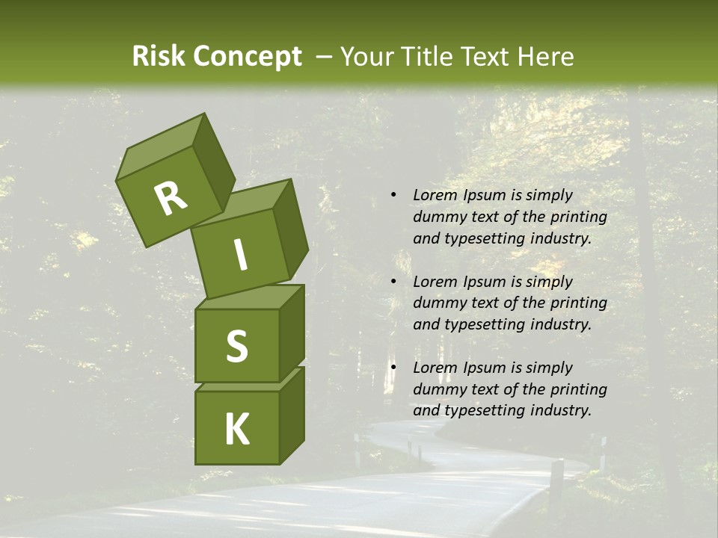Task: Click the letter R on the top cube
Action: click(171, 199)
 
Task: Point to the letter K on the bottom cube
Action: click(236, 430)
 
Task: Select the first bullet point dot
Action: click(393, 195)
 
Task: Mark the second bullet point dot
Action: click(393, 282)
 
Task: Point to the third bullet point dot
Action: click(393, 368)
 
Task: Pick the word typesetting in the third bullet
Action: click(482, 410)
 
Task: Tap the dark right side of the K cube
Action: click(292, 415)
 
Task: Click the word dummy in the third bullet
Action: click(440, 389)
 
